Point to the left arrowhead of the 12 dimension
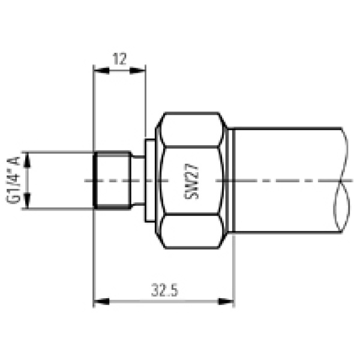tap(98, 71)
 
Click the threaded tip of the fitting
tap(113, 181)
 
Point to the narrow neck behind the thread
tap(138, 181)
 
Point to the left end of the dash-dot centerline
tap(86, 181)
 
